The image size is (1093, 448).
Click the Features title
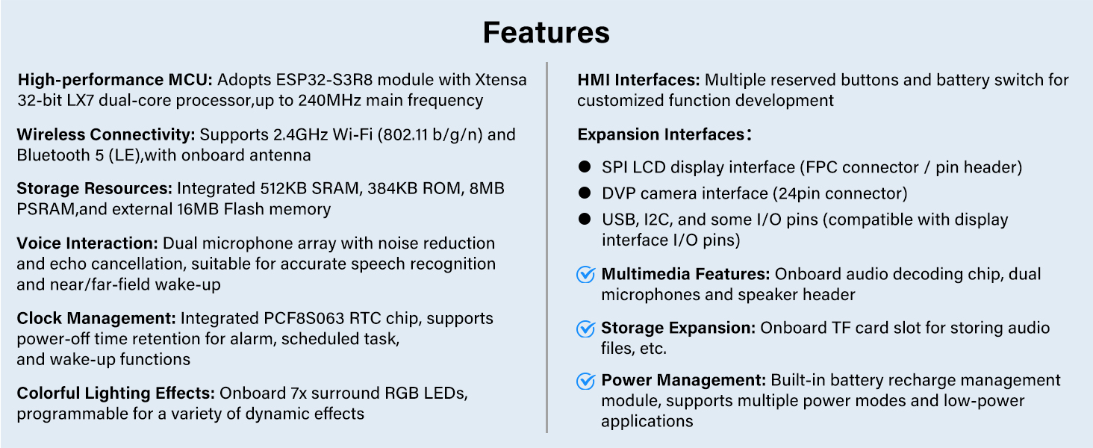(x=546, y=33)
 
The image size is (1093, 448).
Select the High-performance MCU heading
(x=115, y=80)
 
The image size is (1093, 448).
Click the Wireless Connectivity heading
(x=106, y=134)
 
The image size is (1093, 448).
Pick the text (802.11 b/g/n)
(x=430, y=134)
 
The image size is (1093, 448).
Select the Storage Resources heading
(x=95, y=188)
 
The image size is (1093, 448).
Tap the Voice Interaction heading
(x=87, y=243)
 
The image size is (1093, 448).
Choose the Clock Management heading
(x=96, y=318)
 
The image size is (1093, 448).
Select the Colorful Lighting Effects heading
(x=116, y=393)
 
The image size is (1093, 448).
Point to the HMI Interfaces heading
(x=639, y=80)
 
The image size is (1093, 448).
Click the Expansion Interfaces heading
(x=664, y=134)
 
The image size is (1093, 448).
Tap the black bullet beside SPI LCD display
(x=584, y=167)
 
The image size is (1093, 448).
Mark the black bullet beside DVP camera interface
(x=584, y=193)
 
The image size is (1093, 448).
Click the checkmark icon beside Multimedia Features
(x=585, y=274)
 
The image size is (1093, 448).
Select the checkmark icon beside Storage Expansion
(x=585, y=329)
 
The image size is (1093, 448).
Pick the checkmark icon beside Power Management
(x=585, y=381)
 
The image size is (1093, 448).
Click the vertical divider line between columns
(x=546, y=247)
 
